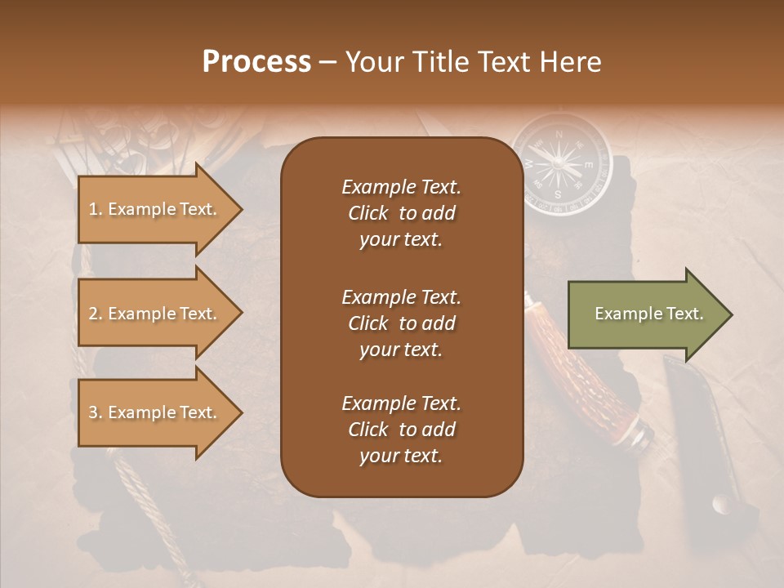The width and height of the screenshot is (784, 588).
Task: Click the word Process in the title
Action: click(x=256, y=62)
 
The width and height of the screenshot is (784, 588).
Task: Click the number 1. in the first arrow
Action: click(x=96, y=209)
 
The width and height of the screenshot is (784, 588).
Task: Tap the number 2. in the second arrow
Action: click(x=96, y=314)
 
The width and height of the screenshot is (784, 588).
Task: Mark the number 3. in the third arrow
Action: click(x=96, y=412)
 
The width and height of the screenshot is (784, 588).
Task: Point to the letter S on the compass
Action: click(x=558, y=194)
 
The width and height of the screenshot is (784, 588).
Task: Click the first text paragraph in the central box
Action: click(x=401, y=213)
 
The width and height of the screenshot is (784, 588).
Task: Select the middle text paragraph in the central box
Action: click(x=401, y=323)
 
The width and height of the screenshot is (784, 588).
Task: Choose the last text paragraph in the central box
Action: click(x=401, y=430)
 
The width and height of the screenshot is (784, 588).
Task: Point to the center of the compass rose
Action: click(x=560, y=164)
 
